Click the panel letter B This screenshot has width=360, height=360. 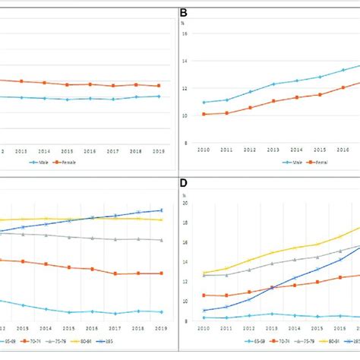pos(182,13)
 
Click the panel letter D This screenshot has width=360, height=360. pos(182,183)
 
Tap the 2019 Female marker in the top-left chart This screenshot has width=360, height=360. pos(159,86)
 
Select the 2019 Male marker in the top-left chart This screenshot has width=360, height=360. pos(159,96)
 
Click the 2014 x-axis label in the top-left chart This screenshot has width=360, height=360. pos(44,150)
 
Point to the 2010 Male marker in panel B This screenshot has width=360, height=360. pos(204,102)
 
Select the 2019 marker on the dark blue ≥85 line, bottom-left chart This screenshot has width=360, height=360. pos(159,210)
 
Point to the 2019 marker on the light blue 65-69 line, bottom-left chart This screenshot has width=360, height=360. pos(159,311)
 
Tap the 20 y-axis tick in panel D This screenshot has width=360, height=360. pos(185,203)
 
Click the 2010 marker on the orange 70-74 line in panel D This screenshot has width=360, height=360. pos(204,295)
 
